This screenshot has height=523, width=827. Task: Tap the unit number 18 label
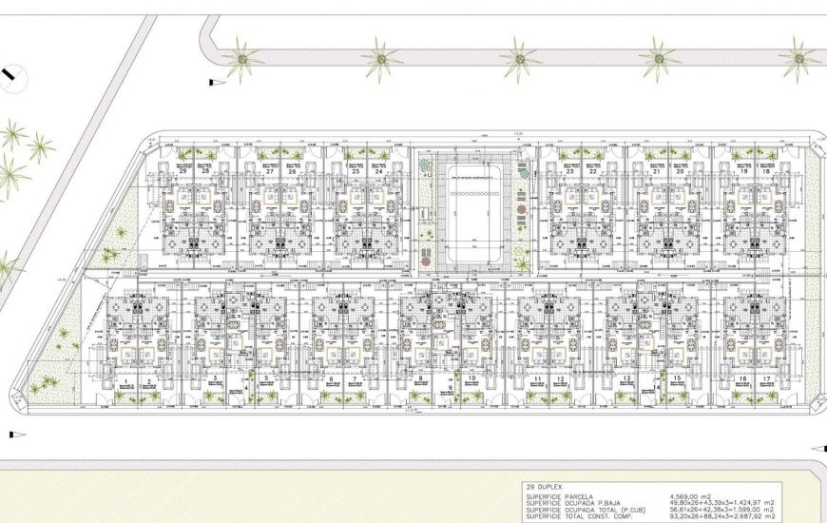click(x=766, y=145)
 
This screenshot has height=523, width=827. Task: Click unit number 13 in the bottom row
click(x=627, y=378)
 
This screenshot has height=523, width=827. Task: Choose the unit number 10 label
click(x=472, y=378)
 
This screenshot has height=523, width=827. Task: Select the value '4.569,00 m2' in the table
click(x=691, y=495)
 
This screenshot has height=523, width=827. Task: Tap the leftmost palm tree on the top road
click(x=242, y=61)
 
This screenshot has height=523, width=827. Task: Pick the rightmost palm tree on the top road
click(x=799, y=59)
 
